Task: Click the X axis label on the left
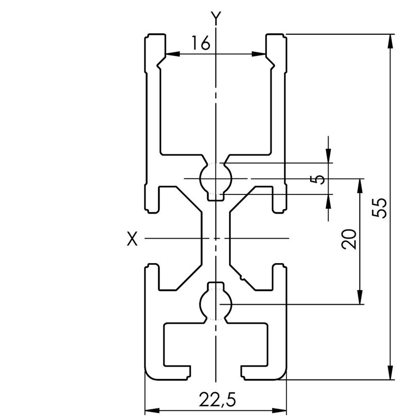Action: [x=132, y=239]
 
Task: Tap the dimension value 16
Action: [x=201, y=43]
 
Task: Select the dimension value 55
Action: [x=379, y=208]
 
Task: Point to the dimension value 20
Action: [x=349, y=239]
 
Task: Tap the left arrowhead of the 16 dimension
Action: [x=172, y=54]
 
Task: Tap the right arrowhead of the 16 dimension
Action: [x=259, y=54]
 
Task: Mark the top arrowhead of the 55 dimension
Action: [x=391, y=41]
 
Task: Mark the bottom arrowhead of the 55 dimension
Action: [x=391, y=372]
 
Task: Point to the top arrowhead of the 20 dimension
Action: [x=360, y=186]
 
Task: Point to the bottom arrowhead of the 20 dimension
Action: [x=360, y=297]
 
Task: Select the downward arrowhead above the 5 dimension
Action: [x=328, y=156]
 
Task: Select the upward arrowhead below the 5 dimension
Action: [x=328, y=201]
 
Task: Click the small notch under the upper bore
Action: [x=216, y=197]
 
